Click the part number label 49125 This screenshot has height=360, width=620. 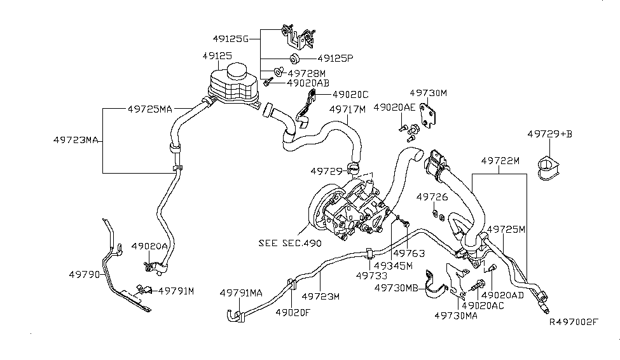pos(217,56)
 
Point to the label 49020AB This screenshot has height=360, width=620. pos(308,83)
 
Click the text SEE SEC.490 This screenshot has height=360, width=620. pos(290,242)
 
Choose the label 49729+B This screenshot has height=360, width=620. pos(550,134)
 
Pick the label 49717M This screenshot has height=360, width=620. pos(348,109)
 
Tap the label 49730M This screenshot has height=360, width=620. pos(429,93)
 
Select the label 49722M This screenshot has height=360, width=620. pos(499,162)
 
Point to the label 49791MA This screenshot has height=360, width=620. pos(241,293)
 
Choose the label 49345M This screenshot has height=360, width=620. pos(393,265)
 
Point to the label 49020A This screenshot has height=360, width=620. pos(150,246)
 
